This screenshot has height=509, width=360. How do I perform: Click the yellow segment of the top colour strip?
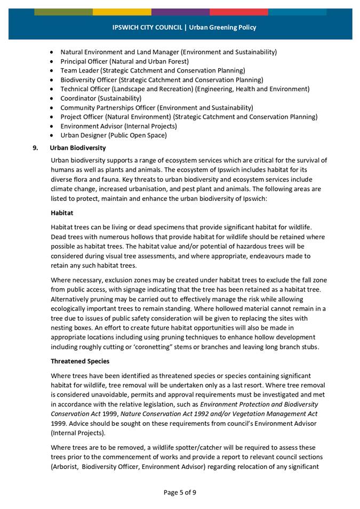point(122,12)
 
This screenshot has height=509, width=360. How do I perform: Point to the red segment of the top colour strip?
point(238,12)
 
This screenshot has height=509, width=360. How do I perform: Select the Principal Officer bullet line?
point(124,61)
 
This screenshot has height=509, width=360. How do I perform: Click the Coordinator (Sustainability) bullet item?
point(101,98)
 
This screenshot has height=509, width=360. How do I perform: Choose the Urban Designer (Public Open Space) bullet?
point(113,135)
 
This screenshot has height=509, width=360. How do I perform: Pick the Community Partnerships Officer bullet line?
point(157,108)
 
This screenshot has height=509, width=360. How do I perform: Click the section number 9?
point(36,148)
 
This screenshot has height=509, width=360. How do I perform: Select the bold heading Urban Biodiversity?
point(78,148)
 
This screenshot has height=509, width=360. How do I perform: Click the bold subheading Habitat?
point(62,212)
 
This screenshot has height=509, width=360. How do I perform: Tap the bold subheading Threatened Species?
point(79,361)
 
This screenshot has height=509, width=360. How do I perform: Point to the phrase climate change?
point(72,189)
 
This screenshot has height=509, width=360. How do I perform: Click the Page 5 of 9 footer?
point(180,492)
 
